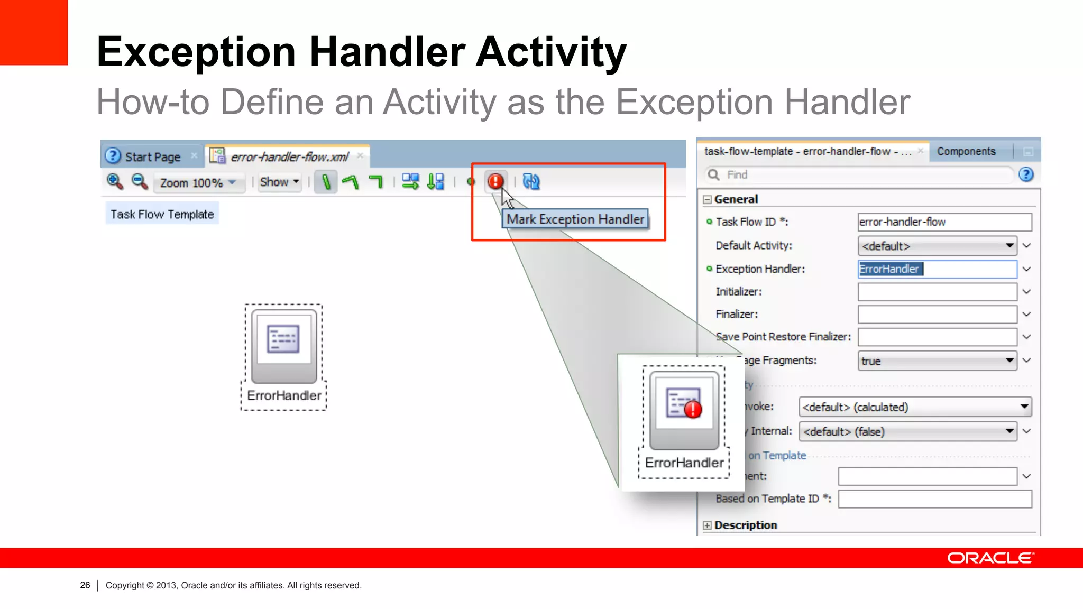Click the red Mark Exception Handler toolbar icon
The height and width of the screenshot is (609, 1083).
click(495, 181)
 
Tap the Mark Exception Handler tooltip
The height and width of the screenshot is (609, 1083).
click(575, 219)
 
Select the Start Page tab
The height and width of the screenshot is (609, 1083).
click(152, 157)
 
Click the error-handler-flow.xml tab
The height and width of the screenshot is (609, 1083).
click(289, 157)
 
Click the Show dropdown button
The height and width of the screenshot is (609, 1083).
click(279, 182)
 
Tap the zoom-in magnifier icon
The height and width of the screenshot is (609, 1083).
click(114, 181)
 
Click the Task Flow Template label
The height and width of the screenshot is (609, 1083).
click(162, 214)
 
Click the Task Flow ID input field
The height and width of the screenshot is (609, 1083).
click(944, 222)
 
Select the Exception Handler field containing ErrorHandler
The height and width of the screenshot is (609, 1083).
click(937, 269)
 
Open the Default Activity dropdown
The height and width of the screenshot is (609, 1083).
click(937, 246)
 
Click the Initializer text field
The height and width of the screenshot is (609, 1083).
click(937, 292)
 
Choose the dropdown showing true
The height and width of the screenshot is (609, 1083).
click(937, 361)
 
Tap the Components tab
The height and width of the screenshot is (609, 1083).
click(966, 152)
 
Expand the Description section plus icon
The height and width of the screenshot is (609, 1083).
click(707, 525)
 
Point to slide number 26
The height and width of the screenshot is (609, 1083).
click(85, 585)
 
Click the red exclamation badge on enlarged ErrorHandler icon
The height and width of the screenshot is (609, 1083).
click(693, 409)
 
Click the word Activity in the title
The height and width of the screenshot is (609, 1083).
click(551, 52)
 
